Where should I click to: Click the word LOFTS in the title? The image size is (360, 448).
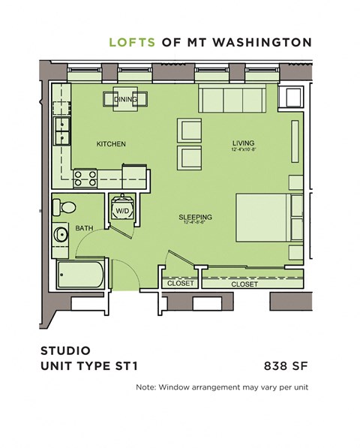[133, 42]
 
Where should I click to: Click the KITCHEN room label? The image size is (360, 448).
[110, 144]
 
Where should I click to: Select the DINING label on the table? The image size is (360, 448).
[124, 99]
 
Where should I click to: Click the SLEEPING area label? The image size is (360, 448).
[196, 218]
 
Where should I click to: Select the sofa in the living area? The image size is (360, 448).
[231, 98]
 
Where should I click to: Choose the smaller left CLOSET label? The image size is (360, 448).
[181, 284]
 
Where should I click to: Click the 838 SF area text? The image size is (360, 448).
[286, 366]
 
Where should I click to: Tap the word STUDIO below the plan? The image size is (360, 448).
[64, 350]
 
